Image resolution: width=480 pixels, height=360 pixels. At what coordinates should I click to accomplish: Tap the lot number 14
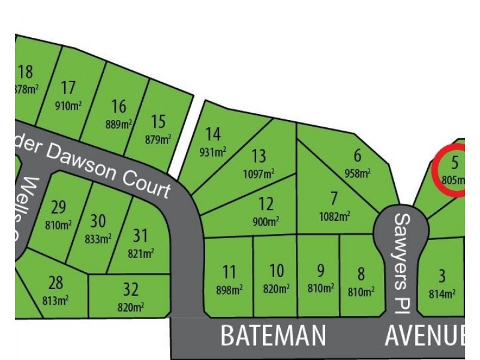click(213, 134)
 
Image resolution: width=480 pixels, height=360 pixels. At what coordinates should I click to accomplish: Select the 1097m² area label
click(259, 174)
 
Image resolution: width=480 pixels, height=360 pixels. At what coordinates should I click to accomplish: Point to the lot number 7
click(335, 199)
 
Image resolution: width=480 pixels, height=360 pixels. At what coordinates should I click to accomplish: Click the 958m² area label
click(357, 173)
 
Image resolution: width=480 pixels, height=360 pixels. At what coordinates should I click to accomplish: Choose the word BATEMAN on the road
click(273, 335)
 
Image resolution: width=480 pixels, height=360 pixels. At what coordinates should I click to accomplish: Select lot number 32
click(130, 290)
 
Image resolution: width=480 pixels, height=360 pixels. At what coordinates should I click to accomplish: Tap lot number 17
click(68, 88)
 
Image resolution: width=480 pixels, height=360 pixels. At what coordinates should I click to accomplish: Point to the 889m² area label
click(119, 124)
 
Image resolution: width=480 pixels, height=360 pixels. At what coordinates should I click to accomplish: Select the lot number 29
click(58, 208)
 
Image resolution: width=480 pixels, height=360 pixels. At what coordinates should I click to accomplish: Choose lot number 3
click(442, 276)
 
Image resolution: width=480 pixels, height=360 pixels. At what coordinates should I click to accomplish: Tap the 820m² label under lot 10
click(277, 289)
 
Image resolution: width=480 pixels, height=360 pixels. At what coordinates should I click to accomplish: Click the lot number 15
click(158, 122)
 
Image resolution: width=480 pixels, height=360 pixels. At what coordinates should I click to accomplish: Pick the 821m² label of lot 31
click(140, 253)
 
